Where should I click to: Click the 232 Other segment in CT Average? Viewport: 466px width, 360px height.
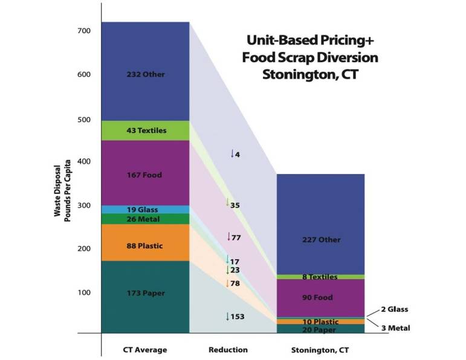point(146,74)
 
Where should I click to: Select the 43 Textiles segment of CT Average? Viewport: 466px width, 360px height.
point(146,130)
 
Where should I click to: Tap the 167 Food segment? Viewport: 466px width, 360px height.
point(146,175)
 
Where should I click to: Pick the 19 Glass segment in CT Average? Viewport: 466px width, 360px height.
point(146,210)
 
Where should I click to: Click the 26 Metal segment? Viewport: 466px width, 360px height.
point(146,219)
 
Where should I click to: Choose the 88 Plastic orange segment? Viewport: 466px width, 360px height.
point(146,246)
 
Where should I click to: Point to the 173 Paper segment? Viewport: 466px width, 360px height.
point(146,293)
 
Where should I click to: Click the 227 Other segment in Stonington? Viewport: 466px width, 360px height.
point(321,239)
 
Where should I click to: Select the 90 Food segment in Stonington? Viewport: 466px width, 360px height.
point(321,298)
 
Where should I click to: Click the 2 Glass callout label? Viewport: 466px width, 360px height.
point(395,309)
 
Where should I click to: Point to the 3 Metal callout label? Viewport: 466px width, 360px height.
point(396,328)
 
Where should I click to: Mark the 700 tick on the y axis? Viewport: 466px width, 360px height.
point(84,31)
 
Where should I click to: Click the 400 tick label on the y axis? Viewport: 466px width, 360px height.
point(84,161)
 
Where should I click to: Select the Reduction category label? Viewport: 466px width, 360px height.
point(228,350)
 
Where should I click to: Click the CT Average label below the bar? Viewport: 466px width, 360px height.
point(146,350)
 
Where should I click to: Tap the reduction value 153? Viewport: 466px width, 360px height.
point(237,317)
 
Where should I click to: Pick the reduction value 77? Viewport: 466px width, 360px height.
point(236,237)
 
